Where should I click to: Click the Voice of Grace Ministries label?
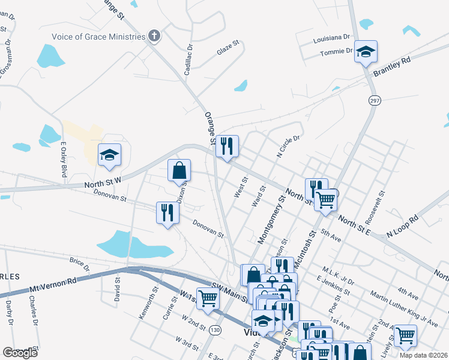pos(98,36)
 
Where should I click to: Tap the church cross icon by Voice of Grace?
pos(154,36)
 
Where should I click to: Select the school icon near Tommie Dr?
pos(365,52)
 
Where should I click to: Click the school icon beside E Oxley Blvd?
pos(109,156)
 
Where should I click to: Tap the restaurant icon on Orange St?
pos(227,147)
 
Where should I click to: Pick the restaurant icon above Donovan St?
pos(167,213)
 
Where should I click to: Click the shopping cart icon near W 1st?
pos(208,298)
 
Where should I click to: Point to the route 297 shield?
pos(375,101)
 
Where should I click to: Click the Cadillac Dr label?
pos(190,55)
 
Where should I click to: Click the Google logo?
pos(20,353)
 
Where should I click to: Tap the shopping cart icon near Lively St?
pos(406,336)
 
